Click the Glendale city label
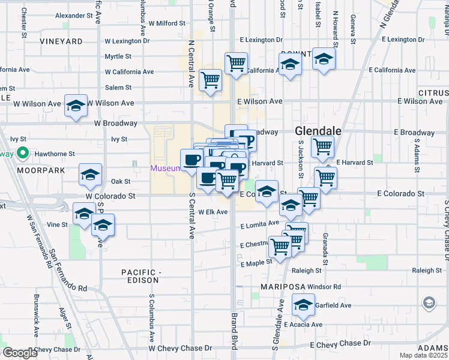point(318,131)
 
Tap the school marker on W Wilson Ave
point(76,106)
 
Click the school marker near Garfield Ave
point(304,305)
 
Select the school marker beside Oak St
point(90,175)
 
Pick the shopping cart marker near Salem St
point(210,80)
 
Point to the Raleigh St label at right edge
point(427,271)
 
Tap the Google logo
point(19,353)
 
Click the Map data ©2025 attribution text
point(423,355)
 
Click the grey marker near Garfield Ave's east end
point(429,303)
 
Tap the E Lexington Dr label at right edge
point(410,39)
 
